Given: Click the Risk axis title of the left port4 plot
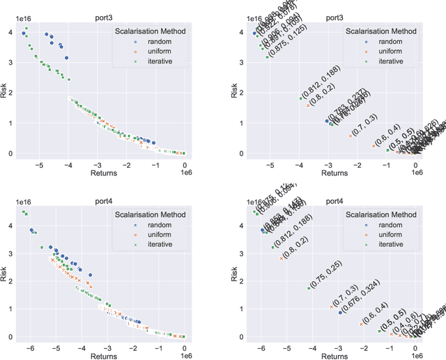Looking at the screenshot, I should pyautogui.click(x=5, y=273).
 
